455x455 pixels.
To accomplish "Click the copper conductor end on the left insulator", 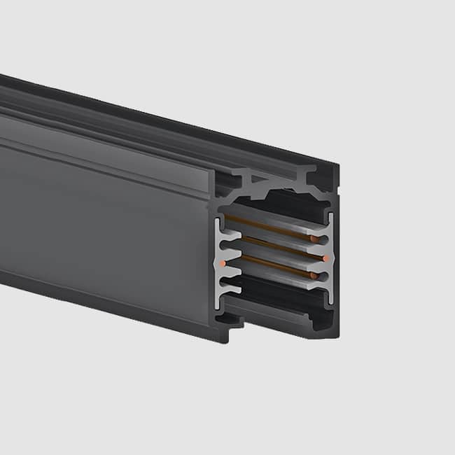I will point(222,262).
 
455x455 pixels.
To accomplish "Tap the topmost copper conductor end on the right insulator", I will point(323,241).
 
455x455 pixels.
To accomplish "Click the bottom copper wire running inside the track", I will point(273,266).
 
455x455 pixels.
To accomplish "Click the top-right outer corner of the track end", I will point(337,168).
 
